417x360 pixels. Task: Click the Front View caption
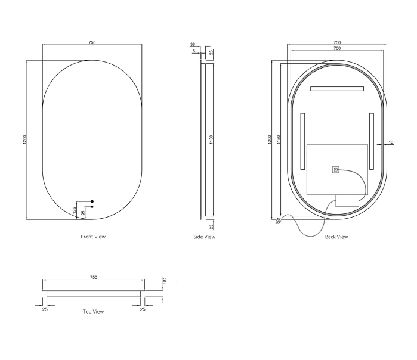(93, 237)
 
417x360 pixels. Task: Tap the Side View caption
(204, 237)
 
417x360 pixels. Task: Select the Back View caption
(336, 237)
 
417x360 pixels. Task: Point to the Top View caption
(93, 311)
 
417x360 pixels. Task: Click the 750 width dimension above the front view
(92, 42)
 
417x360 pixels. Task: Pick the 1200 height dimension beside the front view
(24, 139)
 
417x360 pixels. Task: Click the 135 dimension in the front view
(75, 210)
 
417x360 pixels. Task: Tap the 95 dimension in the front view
(83, 213)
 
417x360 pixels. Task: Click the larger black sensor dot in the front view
(92, 201)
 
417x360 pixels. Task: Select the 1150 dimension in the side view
(211, 139)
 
